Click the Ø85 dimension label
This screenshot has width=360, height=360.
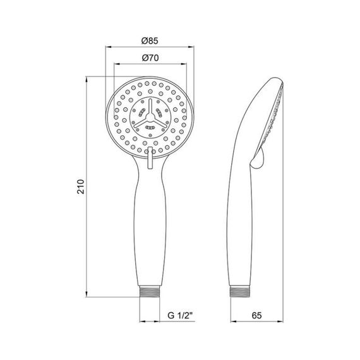pyautogui.click(x=150, y=41)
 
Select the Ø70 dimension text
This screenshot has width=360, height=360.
pyautogui.click(x=150, y=58)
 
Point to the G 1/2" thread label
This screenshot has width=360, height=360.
pyautogui.click(x=179, y=314)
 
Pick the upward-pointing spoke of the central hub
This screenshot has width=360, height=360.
pyautogui.click(x=150, y=105)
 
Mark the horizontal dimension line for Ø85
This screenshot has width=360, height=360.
pyautogui.click(x=150, y=48)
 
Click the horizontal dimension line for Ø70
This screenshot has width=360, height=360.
pyautogui.click(x=150, y=64)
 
